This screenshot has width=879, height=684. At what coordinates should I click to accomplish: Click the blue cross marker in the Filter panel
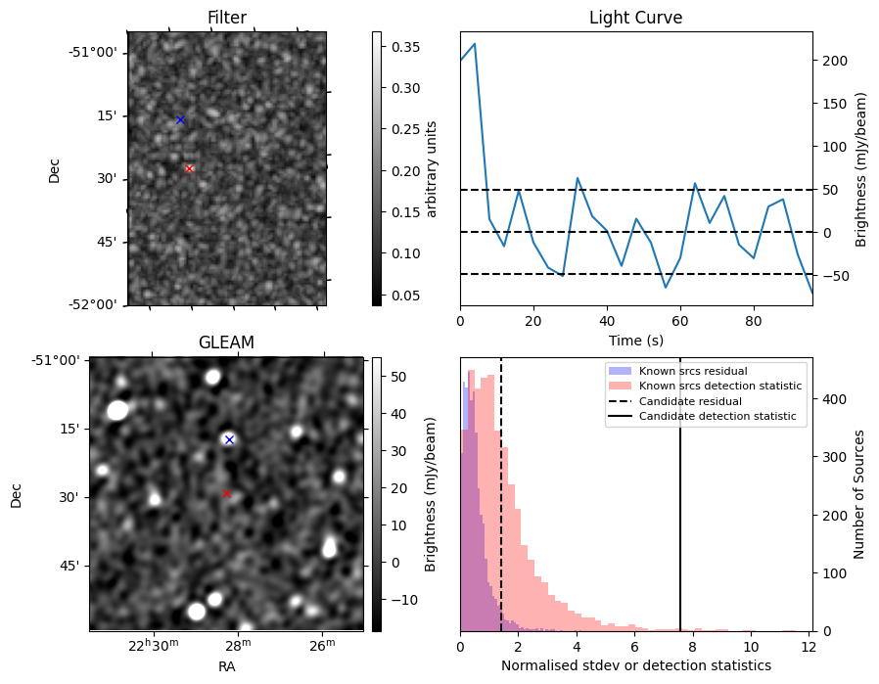[x=180, y=119]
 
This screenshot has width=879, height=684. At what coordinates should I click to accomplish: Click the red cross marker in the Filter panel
[x=189, y=168]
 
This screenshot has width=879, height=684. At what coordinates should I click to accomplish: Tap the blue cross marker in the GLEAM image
[x=229, y=439]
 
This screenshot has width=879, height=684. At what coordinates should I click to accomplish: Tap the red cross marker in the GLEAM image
[x=226, y=493]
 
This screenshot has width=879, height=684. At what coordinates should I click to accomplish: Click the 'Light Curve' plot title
[x=635, y=18]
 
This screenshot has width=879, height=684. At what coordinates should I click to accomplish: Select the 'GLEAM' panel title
[x=226, y=342]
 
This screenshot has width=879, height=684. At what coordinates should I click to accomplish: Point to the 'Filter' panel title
[x=227, y=18]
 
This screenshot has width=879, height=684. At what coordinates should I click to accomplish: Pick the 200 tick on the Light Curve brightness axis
[x=833, y=61]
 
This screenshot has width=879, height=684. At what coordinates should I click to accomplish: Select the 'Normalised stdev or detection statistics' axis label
[x=635, y=665]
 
